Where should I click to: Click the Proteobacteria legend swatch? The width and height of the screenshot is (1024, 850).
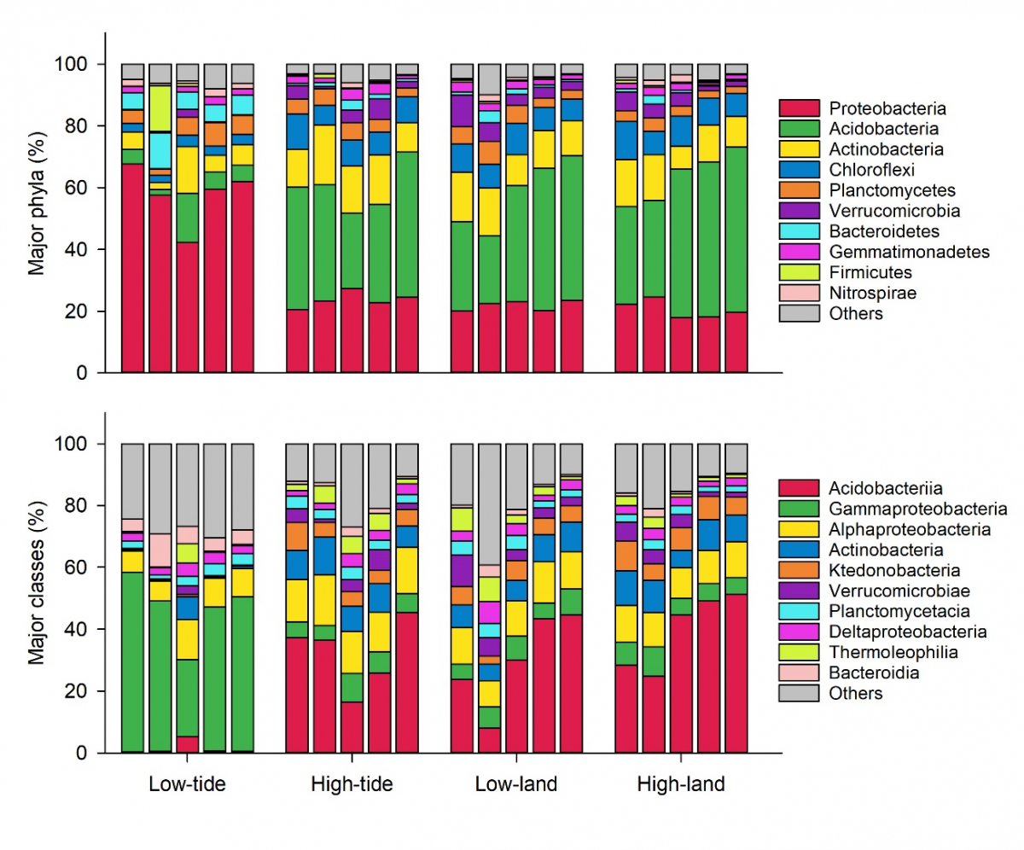(794, 108)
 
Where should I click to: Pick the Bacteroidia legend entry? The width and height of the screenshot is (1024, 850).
(868, 673)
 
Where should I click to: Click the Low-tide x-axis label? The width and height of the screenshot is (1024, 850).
(187, 784)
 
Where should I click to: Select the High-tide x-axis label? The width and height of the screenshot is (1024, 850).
(352, 784)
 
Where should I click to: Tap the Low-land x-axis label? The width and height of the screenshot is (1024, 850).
(516, 784)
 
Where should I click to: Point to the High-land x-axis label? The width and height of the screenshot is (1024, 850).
(681, 784)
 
